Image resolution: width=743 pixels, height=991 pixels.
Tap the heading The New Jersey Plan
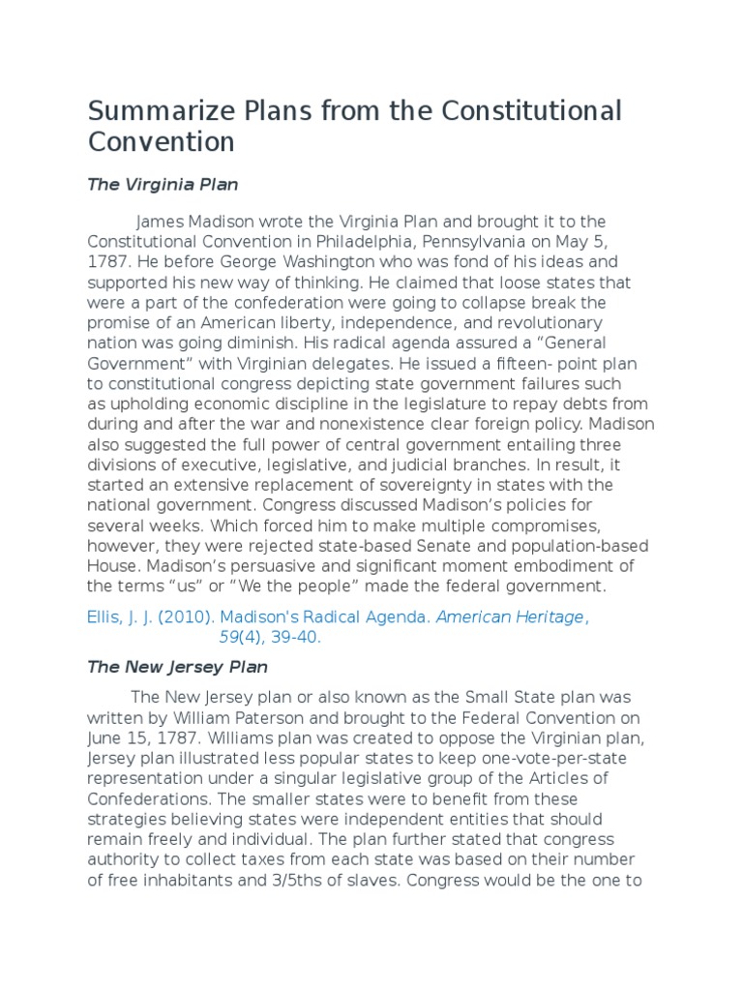click(x=178, y=667)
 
